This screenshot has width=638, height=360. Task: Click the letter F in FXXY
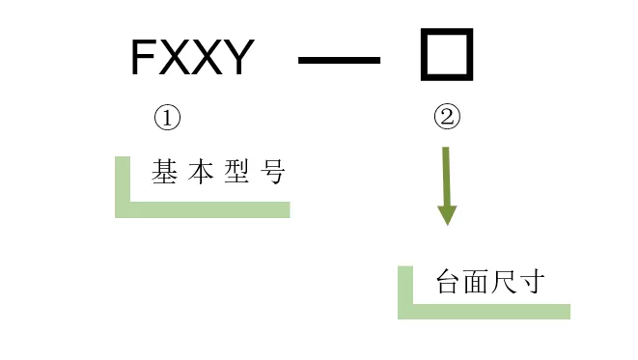(143, 60)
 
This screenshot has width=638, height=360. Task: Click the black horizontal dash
(340, 61)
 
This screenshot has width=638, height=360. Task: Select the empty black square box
(447, 55)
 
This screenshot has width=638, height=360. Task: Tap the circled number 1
(168, 119)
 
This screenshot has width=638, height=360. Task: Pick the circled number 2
(447, 119)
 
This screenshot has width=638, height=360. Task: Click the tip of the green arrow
(446, 223)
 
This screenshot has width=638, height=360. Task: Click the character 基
(163, 173)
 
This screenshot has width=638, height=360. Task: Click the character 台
(448, 283)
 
